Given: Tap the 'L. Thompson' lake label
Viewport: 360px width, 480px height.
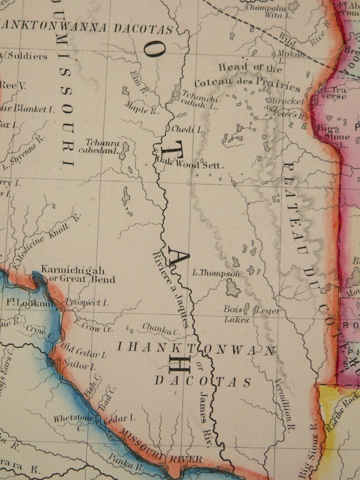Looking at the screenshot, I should coord(216,274).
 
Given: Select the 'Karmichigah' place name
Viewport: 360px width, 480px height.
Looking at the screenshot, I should coord(73,270).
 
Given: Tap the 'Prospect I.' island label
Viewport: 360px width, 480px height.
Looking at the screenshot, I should coord(87,302).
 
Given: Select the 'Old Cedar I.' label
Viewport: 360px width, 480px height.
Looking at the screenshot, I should coord(84,351).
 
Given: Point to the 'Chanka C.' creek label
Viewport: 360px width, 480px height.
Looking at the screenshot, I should coord(161,329).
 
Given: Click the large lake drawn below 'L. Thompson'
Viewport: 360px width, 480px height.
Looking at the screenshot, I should coord(233,288).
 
